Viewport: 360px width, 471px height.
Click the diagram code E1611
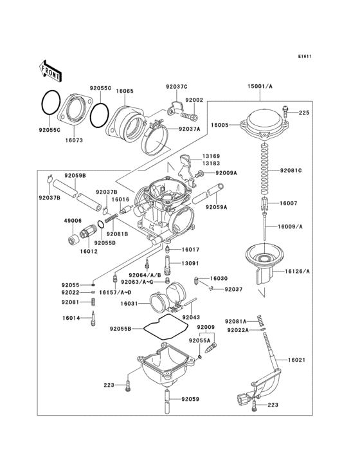(304, 56)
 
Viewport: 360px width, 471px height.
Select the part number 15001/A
(260, 86)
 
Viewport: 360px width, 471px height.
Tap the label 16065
(125, 91)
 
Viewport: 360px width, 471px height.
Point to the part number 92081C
(291, 171)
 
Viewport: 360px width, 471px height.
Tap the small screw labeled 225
(286, 113)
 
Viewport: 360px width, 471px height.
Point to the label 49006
(73, 220)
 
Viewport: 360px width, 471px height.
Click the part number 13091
(190, 264)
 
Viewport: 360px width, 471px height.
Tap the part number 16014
(71, 318)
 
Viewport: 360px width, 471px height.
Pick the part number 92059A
(216, 207)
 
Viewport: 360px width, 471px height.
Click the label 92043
(191, 317)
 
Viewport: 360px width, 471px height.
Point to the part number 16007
(288, 203)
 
